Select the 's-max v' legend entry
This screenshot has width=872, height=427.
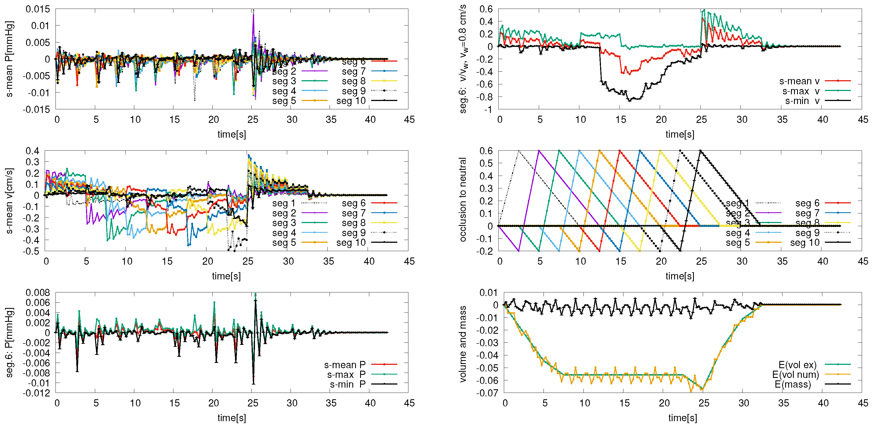[801, 91]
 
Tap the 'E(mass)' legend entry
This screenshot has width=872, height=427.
[793, 385]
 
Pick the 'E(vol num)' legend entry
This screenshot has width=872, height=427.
[795, 375]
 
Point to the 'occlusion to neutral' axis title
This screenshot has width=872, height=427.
[463, 200]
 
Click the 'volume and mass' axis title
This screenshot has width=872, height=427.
[463, 344]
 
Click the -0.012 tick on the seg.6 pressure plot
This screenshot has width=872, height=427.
[36, 393]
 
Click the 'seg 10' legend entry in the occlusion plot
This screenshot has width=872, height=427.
[805, 243]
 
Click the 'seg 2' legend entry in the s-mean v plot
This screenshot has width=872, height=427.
[284, 213]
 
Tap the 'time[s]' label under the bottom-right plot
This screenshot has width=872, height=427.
[682, 418]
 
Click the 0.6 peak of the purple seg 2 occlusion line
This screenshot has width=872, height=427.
[539, 151]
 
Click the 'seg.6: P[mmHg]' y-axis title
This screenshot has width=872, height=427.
[9, 343]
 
